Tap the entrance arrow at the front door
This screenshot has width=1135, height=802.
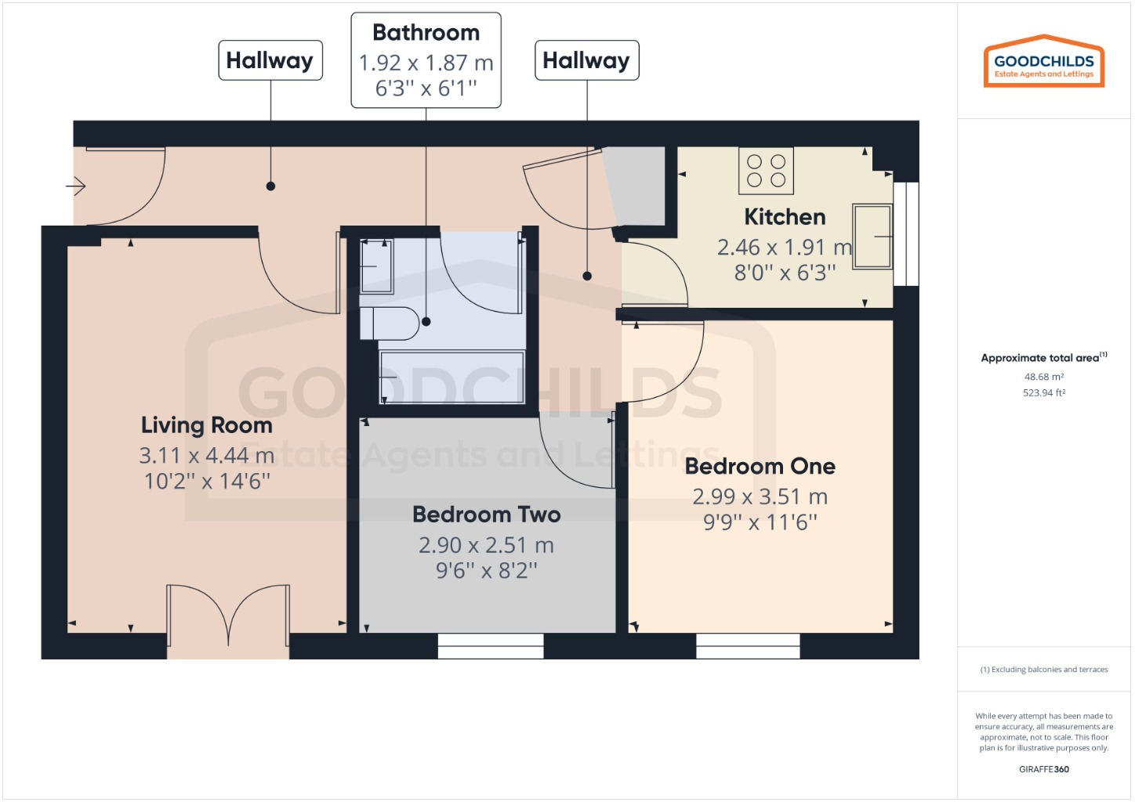[x=75, y=186]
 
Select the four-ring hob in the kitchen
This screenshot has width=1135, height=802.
[x=766, y=171]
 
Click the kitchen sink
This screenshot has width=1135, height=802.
[x=872, y=236]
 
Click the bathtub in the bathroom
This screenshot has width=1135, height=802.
[x=451, y=377]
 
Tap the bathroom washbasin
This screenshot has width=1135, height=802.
[x=376, y=266]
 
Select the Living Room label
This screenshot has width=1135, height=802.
[x=207, y=425]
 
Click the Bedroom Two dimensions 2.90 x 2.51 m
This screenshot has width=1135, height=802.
[x=486, y=545]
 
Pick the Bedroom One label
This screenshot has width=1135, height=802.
[x=760, y=467]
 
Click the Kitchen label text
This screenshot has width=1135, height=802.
[x=785, y=217]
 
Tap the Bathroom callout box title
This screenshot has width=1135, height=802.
[x=426, y=33]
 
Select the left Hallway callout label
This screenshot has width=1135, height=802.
[x=270, y=60]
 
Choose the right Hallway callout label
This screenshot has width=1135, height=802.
[x=586, y=60]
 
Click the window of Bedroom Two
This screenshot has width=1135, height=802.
[x=491, y=646]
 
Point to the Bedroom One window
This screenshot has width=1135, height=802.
[x=748, y=646]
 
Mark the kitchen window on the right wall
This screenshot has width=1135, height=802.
[x=905, y=234]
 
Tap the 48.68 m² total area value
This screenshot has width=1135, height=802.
[x=1043, y=377]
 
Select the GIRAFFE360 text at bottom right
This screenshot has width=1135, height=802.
[x=1043, y=769]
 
